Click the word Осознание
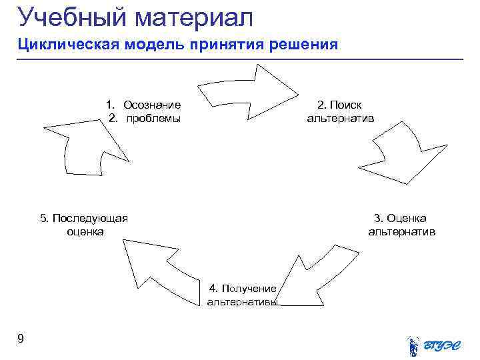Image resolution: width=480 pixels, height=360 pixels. pyautogui.click(x=152, y=105)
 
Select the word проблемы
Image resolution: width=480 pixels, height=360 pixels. pyautogui.click(x=154, y=118)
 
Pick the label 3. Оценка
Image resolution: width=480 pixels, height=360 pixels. pyautogui.click(x=400, y=218)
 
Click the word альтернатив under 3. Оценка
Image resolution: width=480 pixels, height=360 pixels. pyautogui.click(x=401, y=232)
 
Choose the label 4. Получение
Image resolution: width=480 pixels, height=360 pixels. pyautogui.click(x=243, y=288)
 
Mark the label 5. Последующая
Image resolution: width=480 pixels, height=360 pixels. pyautogui.click(x=85, y=218)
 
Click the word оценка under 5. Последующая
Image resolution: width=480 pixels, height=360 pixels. pyautogui.click(x=85, y=232)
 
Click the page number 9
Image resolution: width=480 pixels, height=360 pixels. pyautogui.click(x=21, y=339)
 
